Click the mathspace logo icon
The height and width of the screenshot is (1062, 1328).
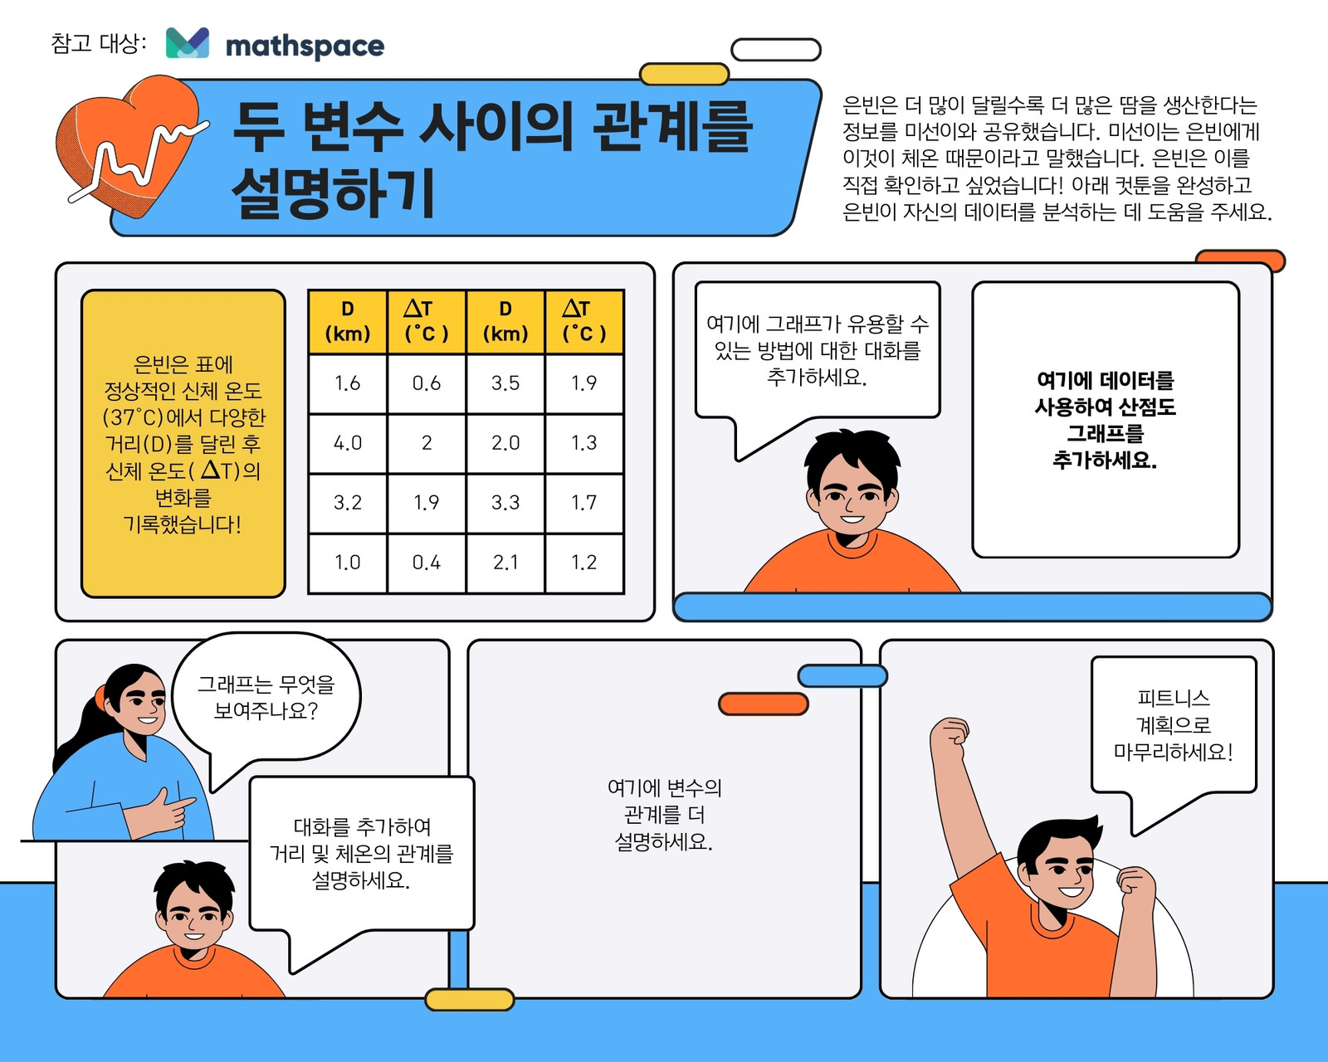(x=187, y=42)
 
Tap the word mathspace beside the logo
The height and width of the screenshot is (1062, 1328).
(x=305, y=46)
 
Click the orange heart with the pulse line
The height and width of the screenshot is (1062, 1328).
(x=129, y=146)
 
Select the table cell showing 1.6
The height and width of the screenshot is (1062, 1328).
(x=348, y=383)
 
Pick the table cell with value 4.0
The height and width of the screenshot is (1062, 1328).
(x=348, y=443)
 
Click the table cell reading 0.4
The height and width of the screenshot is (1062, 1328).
(x=427, y=563)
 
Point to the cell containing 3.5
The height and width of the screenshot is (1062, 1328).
(x=505, y=383)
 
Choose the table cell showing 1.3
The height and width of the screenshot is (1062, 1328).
(x=584, y=443)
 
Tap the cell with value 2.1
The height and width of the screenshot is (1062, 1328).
(x=505, y=563)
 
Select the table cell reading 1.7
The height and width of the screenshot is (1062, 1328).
(x=584, y=503)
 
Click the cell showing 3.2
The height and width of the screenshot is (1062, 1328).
(x=348, y=503)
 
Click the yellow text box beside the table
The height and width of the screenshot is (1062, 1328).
(x=183, y=444)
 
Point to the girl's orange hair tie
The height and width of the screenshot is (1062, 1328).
(x=100, y=696)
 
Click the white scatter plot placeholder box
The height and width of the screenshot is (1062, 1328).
(x=1106, y=420)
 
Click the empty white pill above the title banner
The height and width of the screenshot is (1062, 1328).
(x=776, y=50)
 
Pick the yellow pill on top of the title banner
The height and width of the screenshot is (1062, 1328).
(x=685, y=74)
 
